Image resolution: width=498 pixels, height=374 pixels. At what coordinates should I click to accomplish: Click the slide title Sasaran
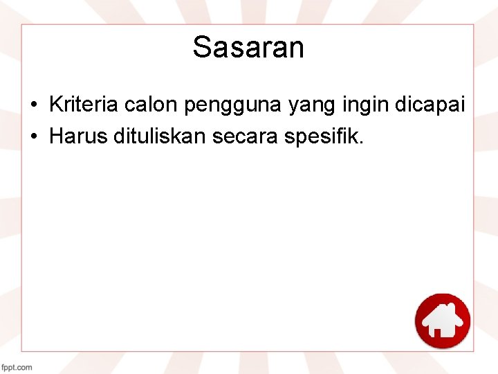[x=248, y=48]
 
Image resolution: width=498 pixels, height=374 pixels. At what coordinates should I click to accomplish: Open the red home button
[x=442, y=321]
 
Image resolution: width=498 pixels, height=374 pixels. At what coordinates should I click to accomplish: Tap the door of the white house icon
[x=438, y=331]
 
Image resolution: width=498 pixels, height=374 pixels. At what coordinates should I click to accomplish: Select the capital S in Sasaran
[x=201, y=48]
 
